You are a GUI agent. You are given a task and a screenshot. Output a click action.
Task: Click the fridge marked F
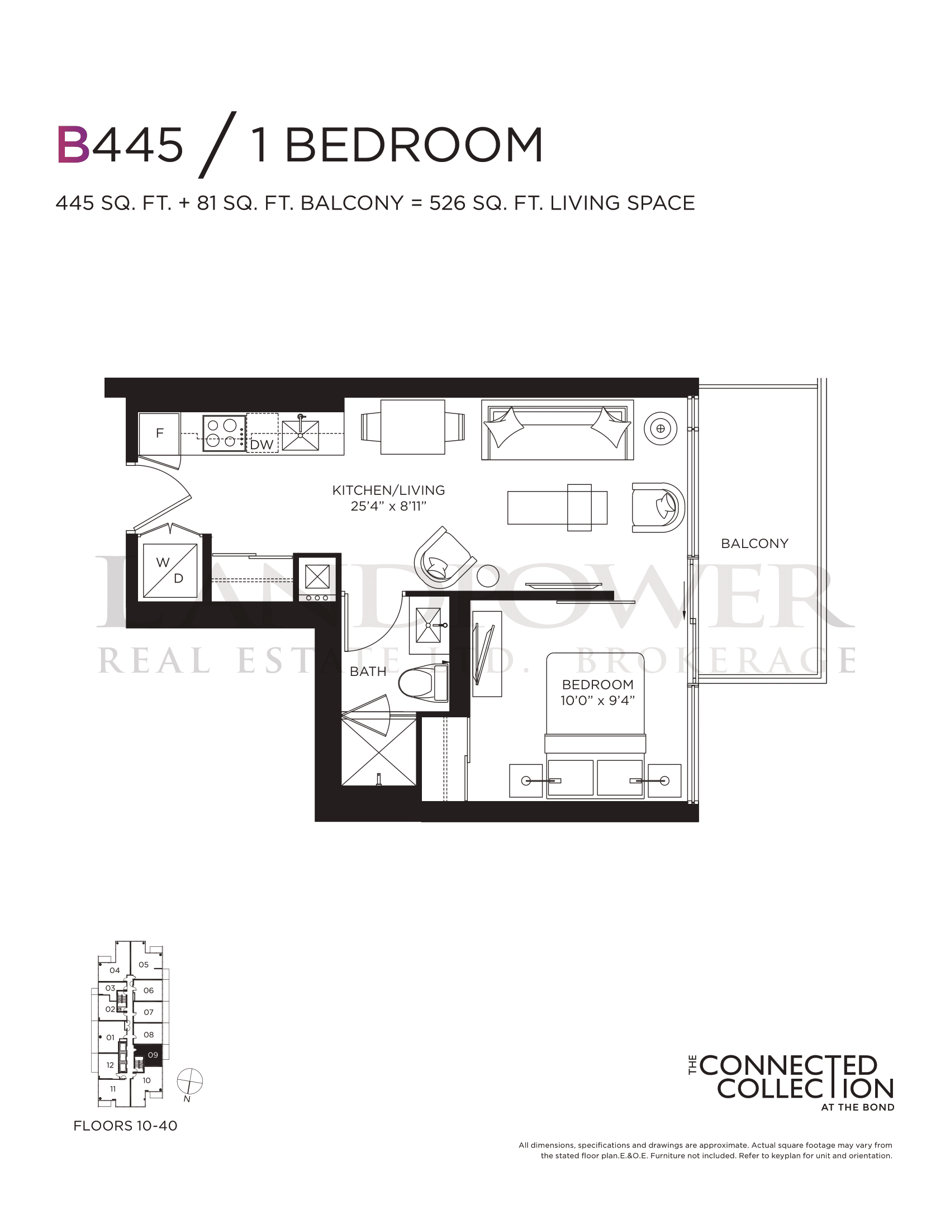[159, 434]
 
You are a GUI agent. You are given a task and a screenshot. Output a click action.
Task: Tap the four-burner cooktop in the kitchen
[224, 434]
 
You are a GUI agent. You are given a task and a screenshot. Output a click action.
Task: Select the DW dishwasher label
[262, 445]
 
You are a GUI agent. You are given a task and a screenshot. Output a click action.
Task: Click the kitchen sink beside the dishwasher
[301, 435]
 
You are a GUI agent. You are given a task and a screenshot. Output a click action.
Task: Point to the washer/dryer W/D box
[170, 570]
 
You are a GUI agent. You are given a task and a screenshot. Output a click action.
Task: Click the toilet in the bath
[422, 683]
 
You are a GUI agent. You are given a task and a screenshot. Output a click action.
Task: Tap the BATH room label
[368, 671]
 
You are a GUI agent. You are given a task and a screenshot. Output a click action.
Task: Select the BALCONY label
[755, 544]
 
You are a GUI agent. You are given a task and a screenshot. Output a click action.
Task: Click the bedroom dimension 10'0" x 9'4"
[598, 701]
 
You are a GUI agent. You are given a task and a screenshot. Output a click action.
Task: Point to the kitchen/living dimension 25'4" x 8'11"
[388, 506]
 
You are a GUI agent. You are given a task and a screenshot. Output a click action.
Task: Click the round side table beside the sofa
[660, 429]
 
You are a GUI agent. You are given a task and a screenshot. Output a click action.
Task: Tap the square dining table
[412, 427]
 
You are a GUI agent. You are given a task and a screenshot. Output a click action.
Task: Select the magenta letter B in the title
[74, 145]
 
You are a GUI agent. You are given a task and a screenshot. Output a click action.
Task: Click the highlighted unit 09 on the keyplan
[149, 1055]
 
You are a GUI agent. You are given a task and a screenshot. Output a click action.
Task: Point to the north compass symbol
[189, 1082]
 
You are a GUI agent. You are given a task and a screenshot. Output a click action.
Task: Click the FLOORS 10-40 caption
[126, 1126]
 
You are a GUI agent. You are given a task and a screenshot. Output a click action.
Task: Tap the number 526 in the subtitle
[448, 203]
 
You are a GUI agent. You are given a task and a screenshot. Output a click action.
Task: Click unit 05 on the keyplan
[144, 965]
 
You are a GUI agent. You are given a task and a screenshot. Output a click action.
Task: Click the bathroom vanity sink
[428, 625]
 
